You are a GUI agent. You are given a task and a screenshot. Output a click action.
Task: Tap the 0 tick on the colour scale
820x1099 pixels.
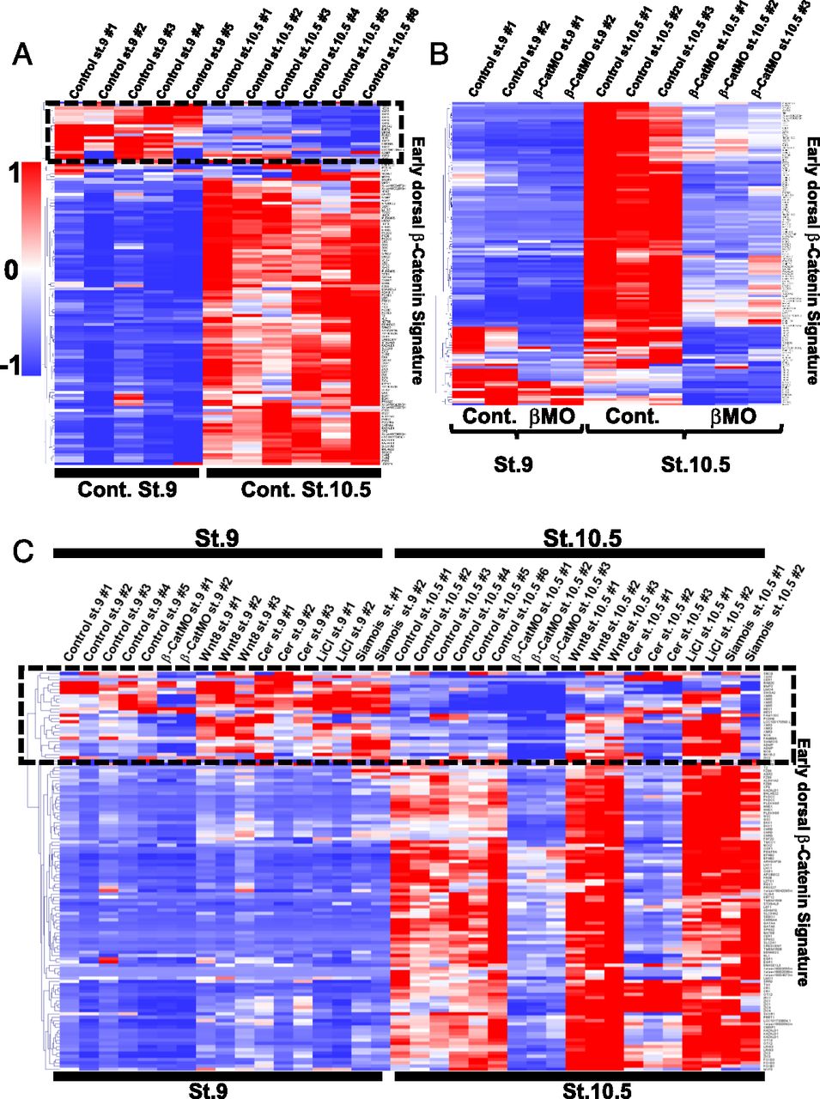[12, 270]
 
